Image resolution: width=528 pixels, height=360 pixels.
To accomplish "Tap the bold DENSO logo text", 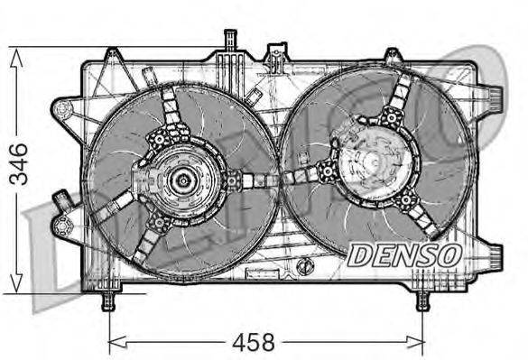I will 404,255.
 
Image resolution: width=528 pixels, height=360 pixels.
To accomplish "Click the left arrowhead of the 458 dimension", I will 115,343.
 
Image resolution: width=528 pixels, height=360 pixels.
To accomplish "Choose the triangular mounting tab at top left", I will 111,58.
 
